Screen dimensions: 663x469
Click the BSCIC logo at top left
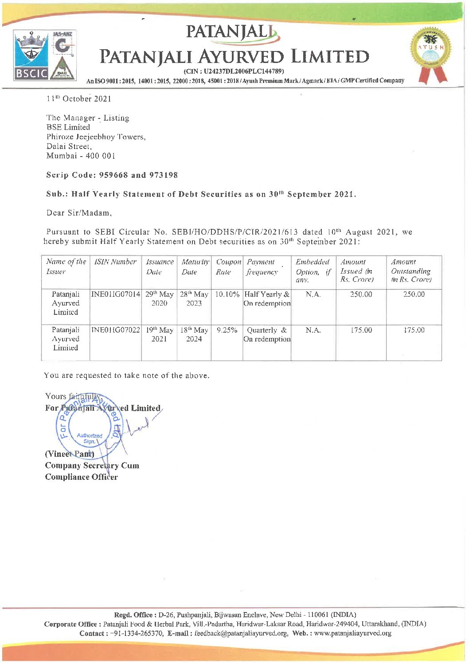pos(31,55)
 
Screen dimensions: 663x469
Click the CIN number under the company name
pos(234,71)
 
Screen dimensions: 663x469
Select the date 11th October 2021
pos(79,98)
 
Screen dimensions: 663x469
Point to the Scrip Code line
pos(112,175)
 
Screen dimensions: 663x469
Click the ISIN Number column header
pos(115,262)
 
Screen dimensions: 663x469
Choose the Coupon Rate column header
pos(228,267)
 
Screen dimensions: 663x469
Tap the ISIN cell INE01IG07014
pos(116,294)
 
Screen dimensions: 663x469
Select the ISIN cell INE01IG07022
pos(116,330)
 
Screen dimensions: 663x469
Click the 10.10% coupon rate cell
pos(227,294)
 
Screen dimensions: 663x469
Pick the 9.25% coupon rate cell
pos(227,330)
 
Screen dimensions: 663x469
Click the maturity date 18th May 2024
pos(194,334)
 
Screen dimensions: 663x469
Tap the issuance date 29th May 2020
pos(159,298)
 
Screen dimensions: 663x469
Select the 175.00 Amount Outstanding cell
pos(414,330)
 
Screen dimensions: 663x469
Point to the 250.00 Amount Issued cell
pos(361,294)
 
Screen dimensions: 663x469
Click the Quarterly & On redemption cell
pos(267,334)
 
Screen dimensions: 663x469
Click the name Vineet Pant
pos(70,454)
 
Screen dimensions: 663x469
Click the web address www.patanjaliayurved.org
pos(352,633)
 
